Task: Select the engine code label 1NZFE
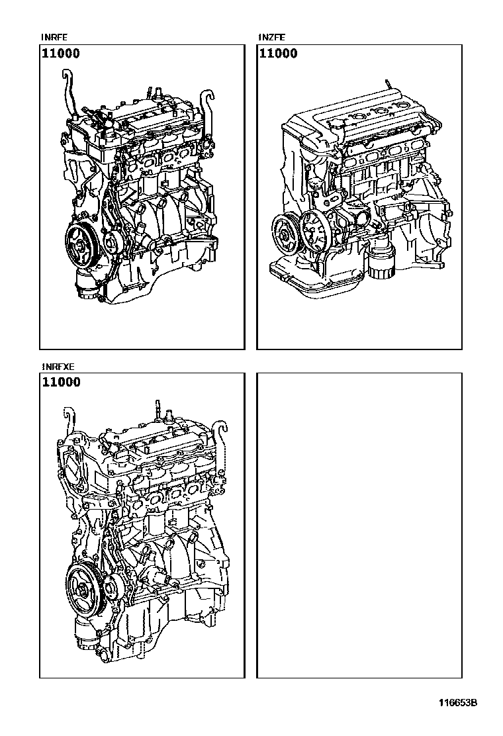click(x=271, y=37)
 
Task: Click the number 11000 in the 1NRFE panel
click(x=61, y=54)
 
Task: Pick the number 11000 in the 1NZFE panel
click(x=278, y=54)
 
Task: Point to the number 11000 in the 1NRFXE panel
click(x=61, y=382)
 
